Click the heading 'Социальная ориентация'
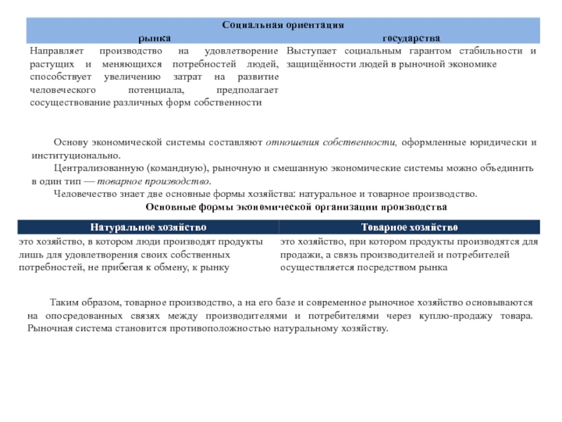(282, 24)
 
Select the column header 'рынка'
(154, 36)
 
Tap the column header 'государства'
(411, 36)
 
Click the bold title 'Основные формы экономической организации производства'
(295, 207)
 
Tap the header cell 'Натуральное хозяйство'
(148, 227)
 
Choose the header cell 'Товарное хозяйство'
(410, 227)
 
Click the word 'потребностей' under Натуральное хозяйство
(50, 267)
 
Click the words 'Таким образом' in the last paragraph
(81, 302)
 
